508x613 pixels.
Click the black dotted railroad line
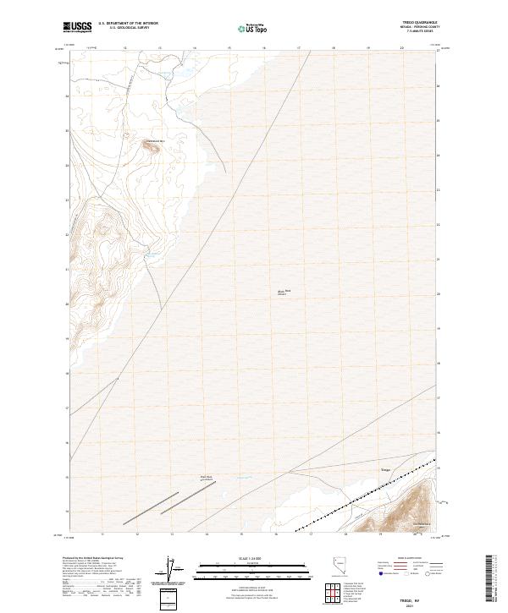click(x=364, y=499)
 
